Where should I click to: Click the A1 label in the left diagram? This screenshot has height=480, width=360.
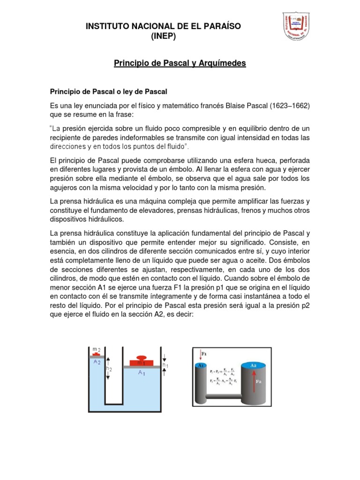[141, 373]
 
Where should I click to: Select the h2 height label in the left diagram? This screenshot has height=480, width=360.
[109, 368]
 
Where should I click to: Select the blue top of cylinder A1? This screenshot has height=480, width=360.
[200, 365]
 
